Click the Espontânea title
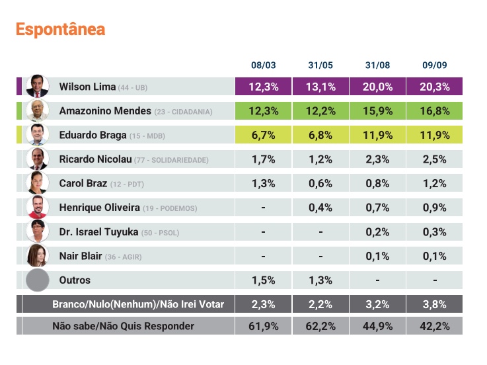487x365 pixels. pos(60,30)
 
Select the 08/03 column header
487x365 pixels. pos(263,65)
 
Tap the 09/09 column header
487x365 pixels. pos(433,65)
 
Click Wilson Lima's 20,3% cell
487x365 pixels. pos(433,87)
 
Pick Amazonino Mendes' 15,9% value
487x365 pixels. pos(377,111)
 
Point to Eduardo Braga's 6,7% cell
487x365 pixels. pos(263,135)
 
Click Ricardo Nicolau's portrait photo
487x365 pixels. pos(37,159)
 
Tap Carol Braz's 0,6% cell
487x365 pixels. pos(320,183)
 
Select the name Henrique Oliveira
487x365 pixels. pos(99,208)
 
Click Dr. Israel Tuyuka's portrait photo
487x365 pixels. pos(37,231)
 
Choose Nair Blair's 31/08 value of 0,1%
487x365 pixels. pos(377,256)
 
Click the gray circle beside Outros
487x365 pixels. pos(37,280)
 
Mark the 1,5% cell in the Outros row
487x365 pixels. pos(263,280)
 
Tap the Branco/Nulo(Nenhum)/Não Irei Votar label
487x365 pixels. pos(137,304)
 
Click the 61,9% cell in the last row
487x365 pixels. pos(263,326)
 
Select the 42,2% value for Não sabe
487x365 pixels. pos(433,326)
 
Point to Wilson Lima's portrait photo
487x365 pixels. pos(37,87)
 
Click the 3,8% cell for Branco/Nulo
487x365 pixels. pos(433,304)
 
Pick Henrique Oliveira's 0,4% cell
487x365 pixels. pos(320,208)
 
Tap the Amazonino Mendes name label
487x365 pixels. pos(105,111)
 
